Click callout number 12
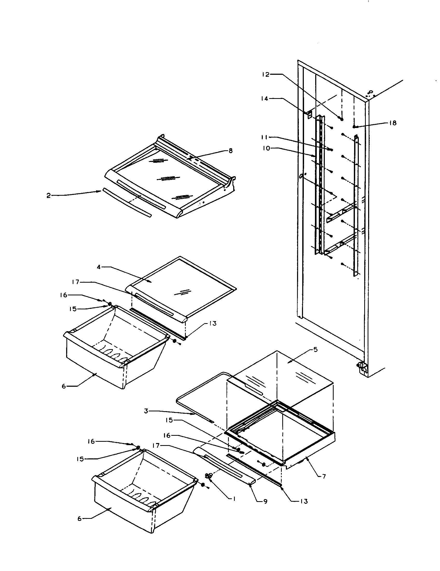click(x=265, y=74)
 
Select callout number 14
click(x=264, y=99)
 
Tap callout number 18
click(x=393, y=123)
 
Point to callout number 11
click(x=264, y=137)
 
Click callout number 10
click(x=266, y=148)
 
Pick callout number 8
click(x=230, y=151)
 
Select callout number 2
click(x=49, y=195)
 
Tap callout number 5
click(x=315, y=350)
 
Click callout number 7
click(x=324, y=477)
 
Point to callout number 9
click(x=265, y=502)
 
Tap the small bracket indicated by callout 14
click(x=309, y=114)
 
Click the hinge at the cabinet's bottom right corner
click(x=362, y=367)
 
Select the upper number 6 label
click(x=64, y=386)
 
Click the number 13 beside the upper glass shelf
click(x=213, y=323)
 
